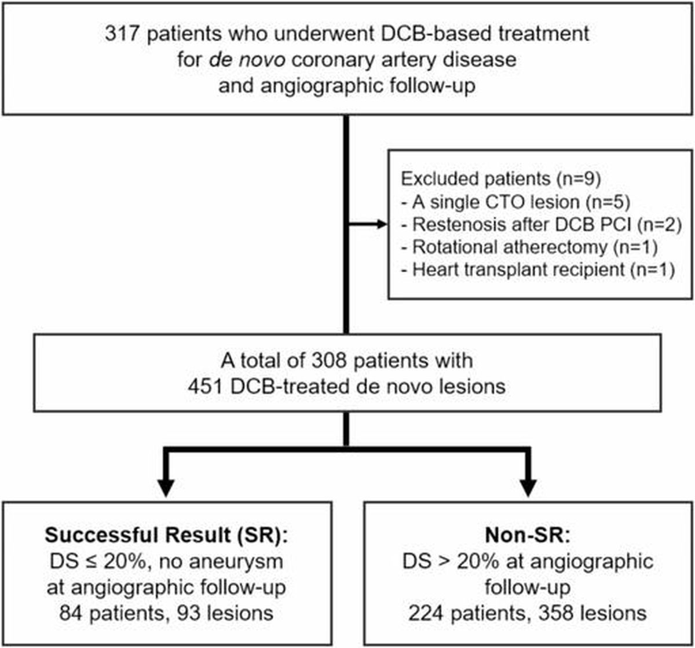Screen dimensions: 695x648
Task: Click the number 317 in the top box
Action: point(122,34)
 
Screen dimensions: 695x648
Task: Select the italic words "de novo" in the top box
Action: point(247,60)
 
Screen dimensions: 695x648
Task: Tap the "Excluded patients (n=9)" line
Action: point(501,179)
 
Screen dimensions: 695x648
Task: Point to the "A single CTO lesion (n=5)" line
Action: point(516,202)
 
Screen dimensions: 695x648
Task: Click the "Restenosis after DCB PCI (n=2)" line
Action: point(542,224)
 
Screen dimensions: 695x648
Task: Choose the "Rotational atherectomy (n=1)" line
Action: point(529,247)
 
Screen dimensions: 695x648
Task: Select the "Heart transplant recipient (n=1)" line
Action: point(538,270)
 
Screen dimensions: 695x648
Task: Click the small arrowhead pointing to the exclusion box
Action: point(382,224)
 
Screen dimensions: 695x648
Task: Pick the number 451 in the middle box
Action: point(206,387)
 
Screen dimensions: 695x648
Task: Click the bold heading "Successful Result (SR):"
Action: point(166,535)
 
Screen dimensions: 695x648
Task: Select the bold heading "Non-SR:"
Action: point(528,535)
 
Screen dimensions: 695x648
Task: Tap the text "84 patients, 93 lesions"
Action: point(166,613)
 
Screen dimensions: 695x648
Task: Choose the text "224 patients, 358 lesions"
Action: point(528,613)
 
